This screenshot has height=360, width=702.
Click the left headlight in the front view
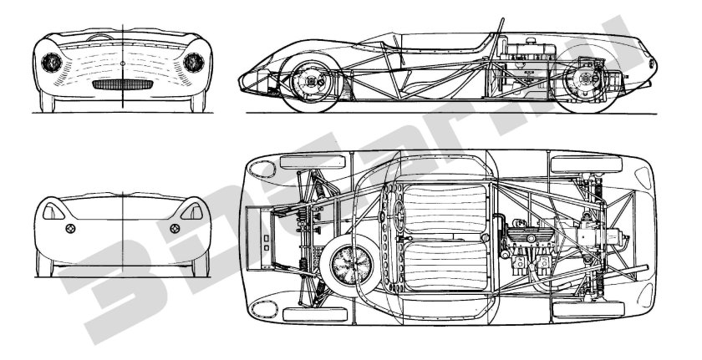point(51,62)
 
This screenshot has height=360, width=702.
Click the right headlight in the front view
point(192,62)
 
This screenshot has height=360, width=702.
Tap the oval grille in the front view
point(122,84)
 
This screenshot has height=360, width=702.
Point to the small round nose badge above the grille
point(122,63)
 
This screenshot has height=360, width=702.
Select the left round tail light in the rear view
point(70,228)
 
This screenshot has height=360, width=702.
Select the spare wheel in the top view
point(345,265)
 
